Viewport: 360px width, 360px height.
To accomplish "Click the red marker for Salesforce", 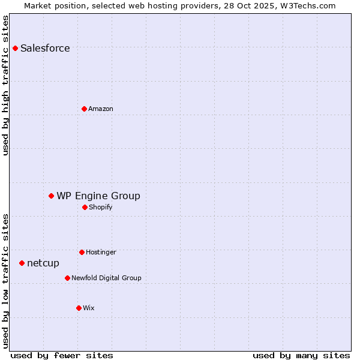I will click(x=15, y=48).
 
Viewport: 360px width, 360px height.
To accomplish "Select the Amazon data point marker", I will click(x=84, y=109).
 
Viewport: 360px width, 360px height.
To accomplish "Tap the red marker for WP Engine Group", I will click(x=51, y=196).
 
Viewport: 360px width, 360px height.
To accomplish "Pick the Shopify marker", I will click(x=85, y=207).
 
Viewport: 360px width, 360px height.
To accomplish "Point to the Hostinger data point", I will click(x=82, y=252).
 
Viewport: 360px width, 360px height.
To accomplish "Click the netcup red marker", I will click(x=22, y=263).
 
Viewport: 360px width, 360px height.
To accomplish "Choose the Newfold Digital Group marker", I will click(x=67, y=278).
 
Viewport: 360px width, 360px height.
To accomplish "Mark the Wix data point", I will click(x=79, y=308).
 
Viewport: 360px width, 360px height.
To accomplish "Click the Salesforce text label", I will click(x=45, y=49).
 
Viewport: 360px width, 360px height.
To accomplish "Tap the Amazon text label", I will click(x=101, y=109).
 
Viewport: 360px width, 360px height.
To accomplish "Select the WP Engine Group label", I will click(x=98, y=196).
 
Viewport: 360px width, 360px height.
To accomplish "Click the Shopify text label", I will click(x=101, y=207).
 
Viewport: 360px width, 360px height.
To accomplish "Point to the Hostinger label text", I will click(x=101, y=252).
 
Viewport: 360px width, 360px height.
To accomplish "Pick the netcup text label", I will click(x=43, y=263).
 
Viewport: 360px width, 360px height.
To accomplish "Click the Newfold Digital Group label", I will click(x=106, y=278).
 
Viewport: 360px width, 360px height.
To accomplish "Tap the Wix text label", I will click(x=89, y=308).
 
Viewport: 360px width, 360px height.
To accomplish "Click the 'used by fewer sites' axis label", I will click(x=62, y=355).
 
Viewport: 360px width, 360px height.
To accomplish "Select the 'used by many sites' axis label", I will click(x=301, y=355).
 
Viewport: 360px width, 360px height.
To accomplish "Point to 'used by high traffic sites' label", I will click(x=5, y=85).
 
